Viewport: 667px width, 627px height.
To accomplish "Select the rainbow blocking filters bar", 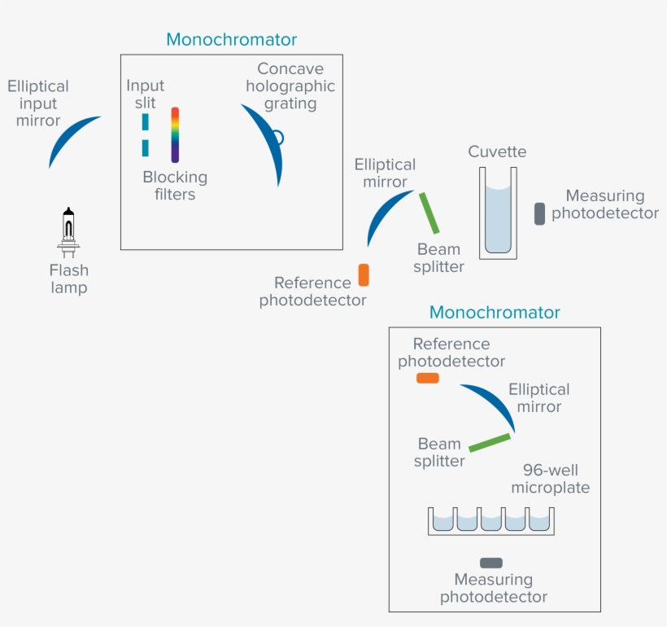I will tap(175, 135).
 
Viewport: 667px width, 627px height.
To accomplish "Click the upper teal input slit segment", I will tap(146, 121).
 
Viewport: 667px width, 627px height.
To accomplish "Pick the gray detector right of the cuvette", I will tap(539, 213).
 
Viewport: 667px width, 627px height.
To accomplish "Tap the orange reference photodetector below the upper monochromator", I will tap(364, 274).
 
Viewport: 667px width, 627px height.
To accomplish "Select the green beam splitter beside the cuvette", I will tap(429, 213).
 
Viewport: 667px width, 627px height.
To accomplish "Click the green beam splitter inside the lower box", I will tap(490, 442).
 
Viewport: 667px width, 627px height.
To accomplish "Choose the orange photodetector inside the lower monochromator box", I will tap(427, 378).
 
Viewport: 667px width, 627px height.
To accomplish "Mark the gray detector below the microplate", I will tap(491, 563).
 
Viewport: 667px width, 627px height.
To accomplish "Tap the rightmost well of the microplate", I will tap(540, 520).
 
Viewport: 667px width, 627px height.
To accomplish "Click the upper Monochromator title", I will tap(231, 39).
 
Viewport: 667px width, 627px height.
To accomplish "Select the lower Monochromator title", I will tap(495, 313).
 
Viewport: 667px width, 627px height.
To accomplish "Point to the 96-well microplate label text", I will tap(550, 479).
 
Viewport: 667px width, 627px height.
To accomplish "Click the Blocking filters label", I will tap(175, 186).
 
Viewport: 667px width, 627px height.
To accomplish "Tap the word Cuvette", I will tap(497, 152).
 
